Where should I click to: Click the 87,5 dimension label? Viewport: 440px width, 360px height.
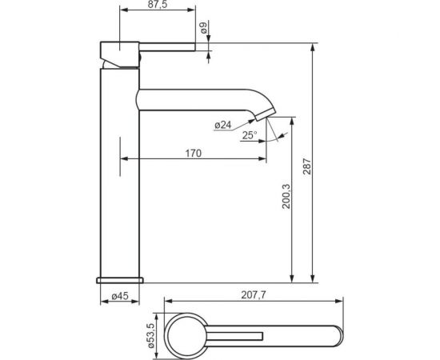tap(158, 5)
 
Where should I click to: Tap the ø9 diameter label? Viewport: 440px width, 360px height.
tap(204, 28)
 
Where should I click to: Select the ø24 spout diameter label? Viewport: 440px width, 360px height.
tap(223, 125)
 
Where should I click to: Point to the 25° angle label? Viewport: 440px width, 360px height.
tap(250, 135)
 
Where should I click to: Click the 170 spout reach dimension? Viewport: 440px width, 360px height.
tap(194, 154)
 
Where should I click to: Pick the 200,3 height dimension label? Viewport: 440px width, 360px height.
tap(286, 196)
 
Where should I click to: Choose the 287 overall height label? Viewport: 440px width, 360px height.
tap(307, 166)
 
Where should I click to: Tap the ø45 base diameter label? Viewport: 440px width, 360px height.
tap(120, 296)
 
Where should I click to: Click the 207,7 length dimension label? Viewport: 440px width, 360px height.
tap(254, 295)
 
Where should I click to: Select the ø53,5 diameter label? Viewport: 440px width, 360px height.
tap(150, 335)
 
